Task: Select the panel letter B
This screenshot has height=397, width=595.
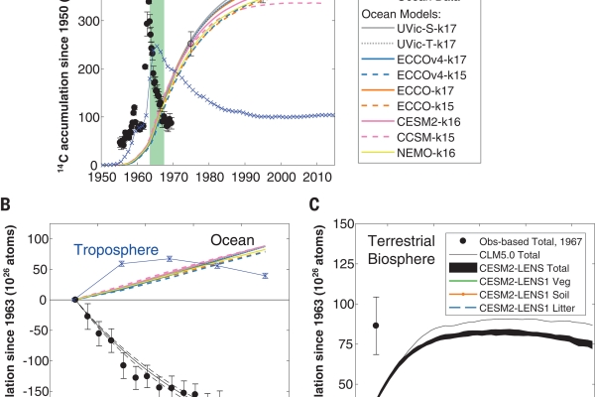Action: click(x=7, y=206)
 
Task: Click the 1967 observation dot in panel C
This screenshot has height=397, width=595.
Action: click(x=375, y=325)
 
